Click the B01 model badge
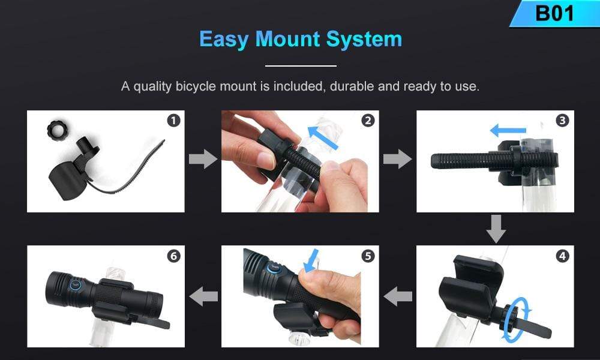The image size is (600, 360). point(555,13)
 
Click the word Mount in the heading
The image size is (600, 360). point(287,39)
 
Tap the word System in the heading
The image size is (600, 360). point(364,40)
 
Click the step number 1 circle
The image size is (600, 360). point(173,121)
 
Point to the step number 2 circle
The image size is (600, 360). point(368,121)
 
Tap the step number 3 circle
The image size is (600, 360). point(562,121)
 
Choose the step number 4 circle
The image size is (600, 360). point(562,256)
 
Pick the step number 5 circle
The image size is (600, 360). point(368,256)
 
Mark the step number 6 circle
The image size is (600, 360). point(173,256)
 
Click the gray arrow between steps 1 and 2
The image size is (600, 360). point(203,159)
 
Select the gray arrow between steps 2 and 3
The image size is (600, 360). point(397,159)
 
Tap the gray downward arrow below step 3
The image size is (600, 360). point(496,229)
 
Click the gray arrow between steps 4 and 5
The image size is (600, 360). point(398,296)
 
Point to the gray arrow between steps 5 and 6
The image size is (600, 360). point(203,296)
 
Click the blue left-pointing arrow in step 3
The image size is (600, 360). point(508,130)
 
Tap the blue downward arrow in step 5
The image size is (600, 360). point(311,260)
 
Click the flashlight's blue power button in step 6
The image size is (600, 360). point(75,284)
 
